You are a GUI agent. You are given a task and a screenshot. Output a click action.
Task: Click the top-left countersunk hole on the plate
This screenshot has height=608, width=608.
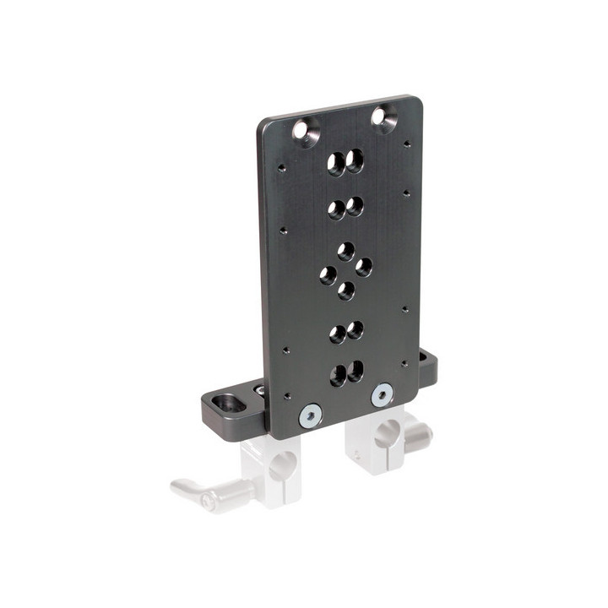click(302, 131)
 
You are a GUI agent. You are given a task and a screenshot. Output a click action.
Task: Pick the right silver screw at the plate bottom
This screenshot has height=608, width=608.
click(383, 393)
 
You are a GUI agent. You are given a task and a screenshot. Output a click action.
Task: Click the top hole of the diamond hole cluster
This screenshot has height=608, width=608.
click(345, 251)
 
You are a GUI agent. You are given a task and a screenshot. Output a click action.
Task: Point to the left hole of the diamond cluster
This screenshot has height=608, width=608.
click(328, 274)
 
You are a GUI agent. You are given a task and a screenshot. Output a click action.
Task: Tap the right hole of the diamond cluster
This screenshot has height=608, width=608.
click(363, 267)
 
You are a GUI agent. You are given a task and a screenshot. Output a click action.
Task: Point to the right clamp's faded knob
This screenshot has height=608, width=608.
click(419, 433)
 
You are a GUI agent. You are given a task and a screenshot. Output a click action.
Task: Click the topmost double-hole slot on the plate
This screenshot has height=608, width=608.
click(345, 161)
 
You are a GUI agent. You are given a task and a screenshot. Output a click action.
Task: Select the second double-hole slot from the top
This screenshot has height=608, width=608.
click(345, 206)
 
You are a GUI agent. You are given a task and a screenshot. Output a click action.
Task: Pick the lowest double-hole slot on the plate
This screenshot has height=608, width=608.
click(346, 372)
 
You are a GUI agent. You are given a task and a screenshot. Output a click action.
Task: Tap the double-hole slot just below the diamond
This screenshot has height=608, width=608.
click(345, 330)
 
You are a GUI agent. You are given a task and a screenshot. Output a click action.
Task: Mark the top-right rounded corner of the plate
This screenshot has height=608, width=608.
click(415, 102)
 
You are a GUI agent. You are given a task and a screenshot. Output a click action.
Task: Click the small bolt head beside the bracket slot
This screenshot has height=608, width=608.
click(258, 390)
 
